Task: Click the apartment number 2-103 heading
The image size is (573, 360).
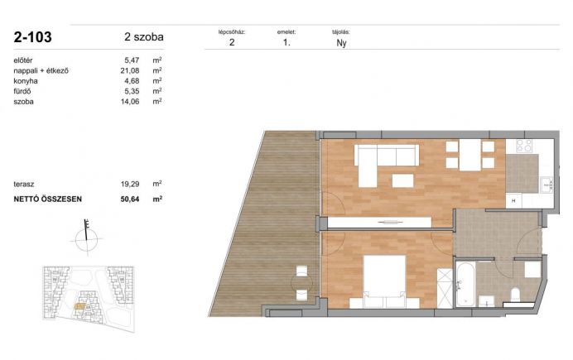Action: tap(32, 37)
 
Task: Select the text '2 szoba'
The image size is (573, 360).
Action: tap(144, 37)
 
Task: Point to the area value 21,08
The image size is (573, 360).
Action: tap(130, 70)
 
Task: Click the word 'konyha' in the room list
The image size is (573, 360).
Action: tap(26, 81)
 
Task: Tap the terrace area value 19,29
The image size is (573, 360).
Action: tap(130, 184)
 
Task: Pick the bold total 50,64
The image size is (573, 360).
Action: tap(130, 199)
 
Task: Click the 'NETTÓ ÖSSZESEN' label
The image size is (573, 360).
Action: tap(48, 199)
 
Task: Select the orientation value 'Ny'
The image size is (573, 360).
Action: tap(341, 43)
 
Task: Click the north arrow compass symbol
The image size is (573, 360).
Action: tap(87, 238)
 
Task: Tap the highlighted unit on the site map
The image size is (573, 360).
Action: tap(79, 306)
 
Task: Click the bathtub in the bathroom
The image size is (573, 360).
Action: tap(465, 283)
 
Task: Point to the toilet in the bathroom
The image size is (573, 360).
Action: tap(515, 294)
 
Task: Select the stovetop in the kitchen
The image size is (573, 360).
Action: tap(524, 146)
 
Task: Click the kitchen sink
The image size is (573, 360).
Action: tap(547, 185)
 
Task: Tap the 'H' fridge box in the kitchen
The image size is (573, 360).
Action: tap(513, 201)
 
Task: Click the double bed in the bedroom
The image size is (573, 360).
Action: tap(384, 281)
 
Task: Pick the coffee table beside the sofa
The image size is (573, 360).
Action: tap(402, 180)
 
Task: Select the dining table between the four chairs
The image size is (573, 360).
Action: tap(470, 155)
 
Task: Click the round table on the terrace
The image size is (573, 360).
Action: tap(302, 282)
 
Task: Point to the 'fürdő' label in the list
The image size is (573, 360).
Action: tap(22, 91)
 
